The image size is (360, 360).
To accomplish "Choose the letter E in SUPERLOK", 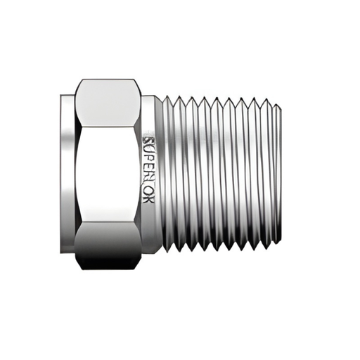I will (149, 168).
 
